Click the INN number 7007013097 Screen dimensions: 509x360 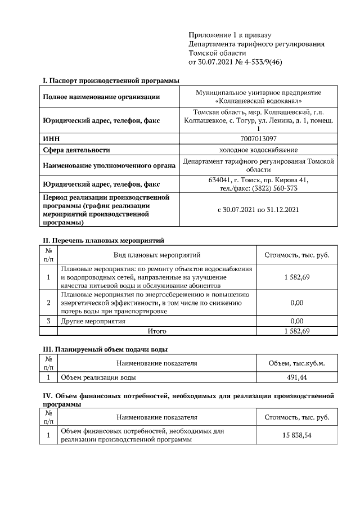click(x=258, y=138)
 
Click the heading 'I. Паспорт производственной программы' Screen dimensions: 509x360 click(x=111, y=81)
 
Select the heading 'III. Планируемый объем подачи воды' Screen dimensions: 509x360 click(x=106, y=349)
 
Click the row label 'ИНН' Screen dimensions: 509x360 click(x=51, y=138)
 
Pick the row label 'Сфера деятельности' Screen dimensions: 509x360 click(x=76, y=150)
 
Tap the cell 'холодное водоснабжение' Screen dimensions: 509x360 click(x=258, y=150)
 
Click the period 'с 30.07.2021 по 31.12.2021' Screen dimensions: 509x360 click(x=258, y=210)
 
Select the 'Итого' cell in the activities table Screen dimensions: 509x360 click(x=157, y=331)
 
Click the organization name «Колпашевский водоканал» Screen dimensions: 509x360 click(x=258, y=101)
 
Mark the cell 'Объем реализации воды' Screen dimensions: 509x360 click(x=98, y=377)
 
